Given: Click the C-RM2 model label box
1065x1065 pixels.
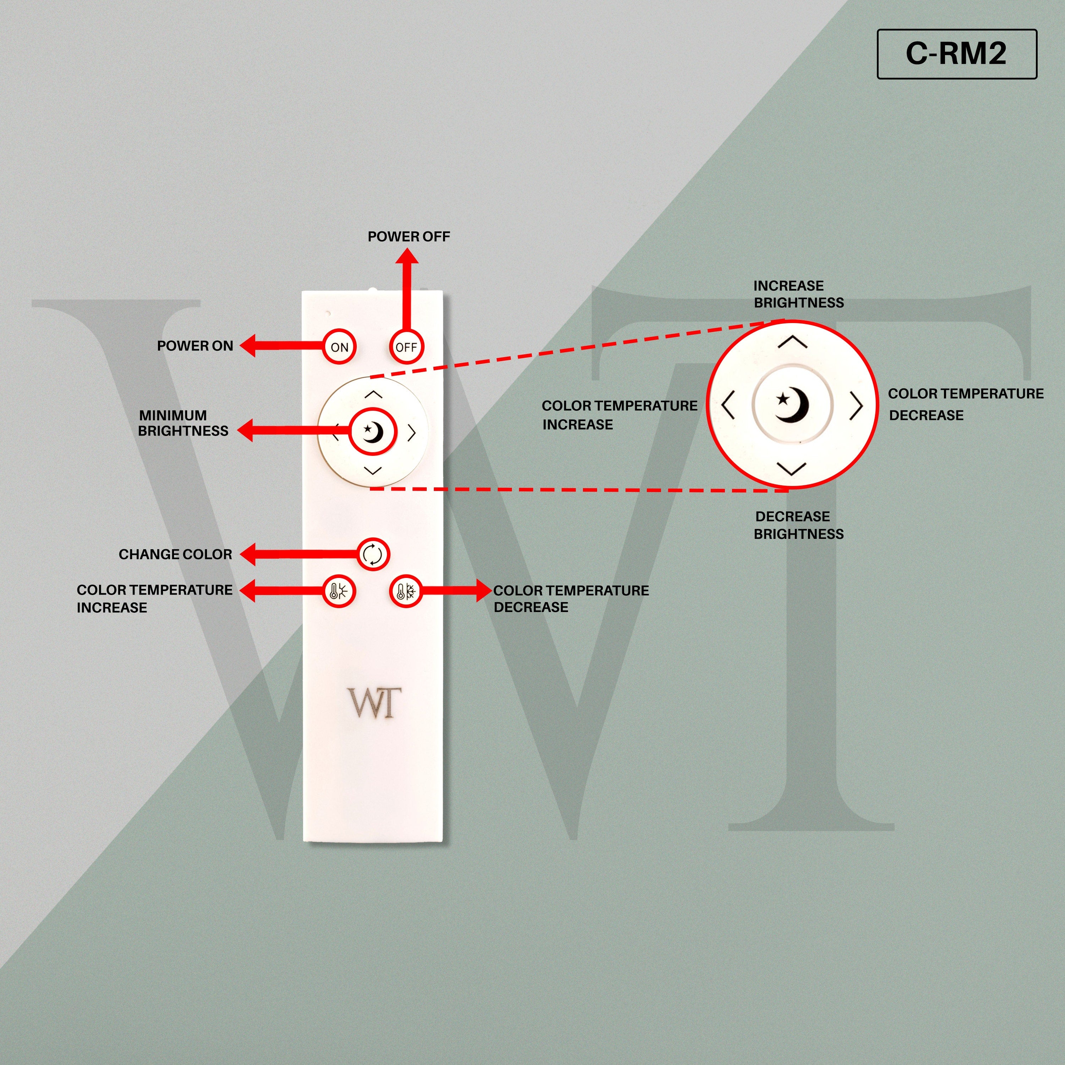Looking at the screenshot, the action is coord(957,54).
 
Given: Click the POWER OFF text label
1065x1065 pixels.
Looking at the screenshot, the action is coord(409,236).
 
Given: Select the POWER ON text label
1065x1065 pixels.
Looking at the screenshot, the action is coord(195,346).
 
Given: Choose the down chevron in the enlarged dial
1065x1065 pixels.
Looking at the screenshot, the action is coord(792,469).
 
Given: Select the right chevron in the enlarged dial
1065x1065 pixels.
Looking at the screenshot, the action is coord(856,406).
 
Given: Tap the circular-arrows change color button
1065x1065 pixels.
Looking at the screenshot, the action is coord(373,554).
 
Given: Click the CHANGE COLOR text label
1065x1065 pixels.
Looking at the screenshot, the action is coord(175,554).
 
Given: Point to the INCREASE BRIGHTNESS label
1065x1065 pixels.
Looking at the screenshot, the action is coord(799,294).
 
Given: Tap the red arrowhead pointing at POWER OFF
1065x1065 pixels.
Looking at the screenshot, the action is coord(408,256).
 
